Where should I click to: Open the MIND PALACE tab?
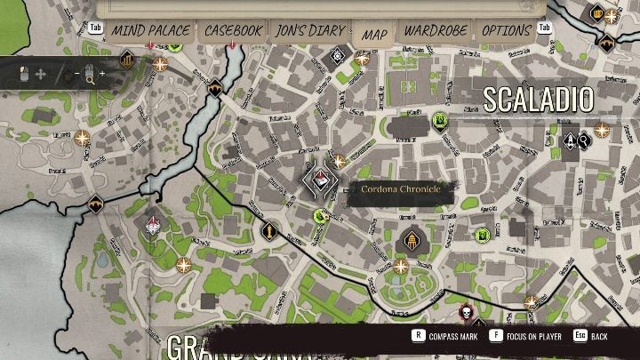click(150, 31)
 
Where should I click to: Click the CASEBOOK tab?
click(233, 31)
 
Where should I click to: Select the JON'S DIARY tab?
click(309, 31)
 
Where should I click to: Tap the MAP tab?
click(375, 34)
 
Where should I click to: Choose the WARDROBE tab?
click(436, 31)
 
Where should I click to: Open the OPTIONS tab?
click(506, 31)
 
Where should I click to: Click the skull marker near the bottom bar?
click(464, 314)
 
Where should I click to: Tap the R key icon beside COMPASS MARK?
click(417, 337)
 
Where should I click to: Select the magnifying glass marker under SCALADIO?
click(584, 140)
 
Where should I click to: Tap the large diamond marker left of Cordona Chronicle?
click(320, 181)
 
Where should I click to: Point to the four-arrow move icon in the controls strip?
click(39, 75)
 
